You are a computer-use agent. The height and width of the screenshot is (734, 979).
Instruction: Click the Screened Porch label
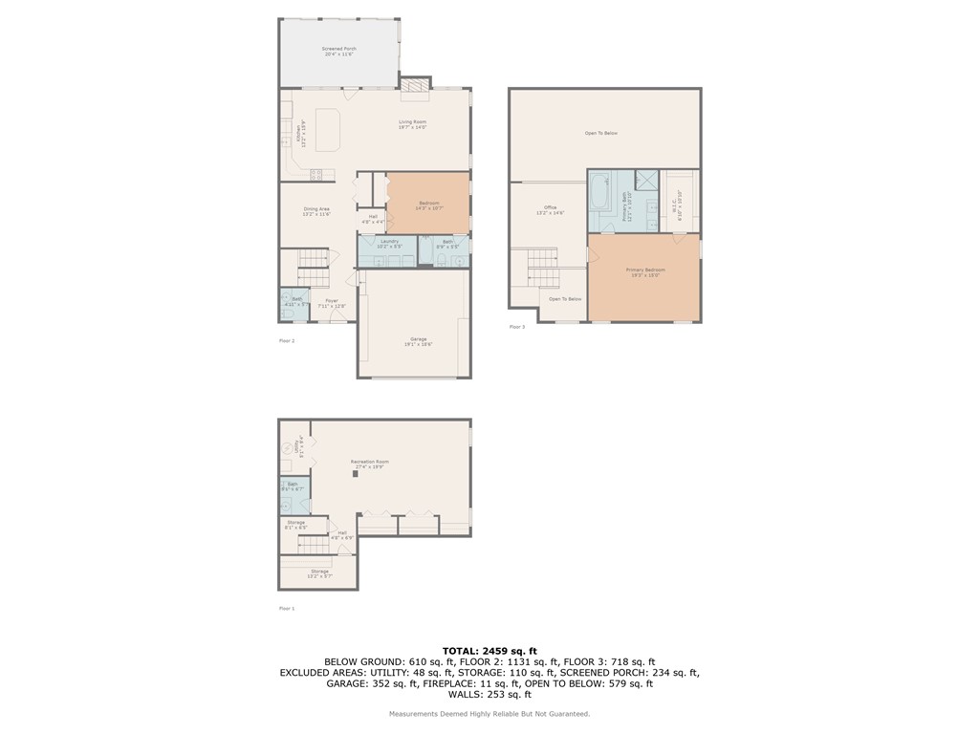tap(338, 54)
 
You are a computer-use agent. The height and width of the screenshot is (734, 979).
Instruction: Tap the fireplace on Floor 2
tap(415, 86)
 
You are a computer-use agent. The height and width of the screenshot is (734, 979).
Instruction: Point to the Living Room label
tap(412, 124)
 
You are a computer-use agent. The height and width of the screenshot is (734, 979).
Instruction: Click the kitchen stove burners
tap(315, 173)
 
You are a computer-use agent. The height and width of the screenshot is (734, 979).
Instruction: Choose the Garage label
tap(418, 341)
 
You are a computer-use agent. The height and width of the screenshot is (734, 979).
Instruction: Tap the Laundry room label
tap(389, 244)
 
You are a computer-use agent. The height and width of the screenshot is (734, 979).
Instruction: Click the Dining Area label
tap(316, 211)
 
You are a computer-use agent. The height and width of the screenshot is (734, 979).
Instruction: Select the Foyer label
tap(332, 303)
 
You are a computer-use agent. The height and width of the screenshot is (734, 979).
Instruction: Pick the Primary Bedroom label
tap(645, 272)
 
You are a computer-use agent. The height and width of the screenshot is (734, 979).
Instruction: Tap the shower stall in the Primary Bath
tap(646, 179)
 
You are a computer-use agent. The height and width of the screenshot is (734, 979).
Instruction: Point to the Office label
tap(550, 209)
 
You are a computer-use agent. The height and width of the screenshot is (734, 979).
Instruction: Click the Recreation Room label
tap(369, 464)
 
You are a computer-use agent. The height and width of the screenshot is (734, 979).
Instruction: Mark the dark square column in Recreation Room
tap(356, 473)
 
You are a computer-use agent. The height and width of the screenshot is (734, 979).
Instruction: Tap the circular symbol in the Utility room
tap(287, 445)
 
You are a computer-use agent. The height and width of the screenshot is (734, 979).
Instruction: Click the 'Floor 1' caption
tap(287, 608)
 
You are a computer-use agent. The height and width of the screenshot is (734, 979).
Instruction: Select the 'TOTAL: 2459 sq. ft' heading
tap(489, 650)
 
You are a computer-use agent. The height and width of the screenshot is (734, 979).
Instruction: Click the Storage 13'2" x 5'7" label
tap(318, 573)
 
